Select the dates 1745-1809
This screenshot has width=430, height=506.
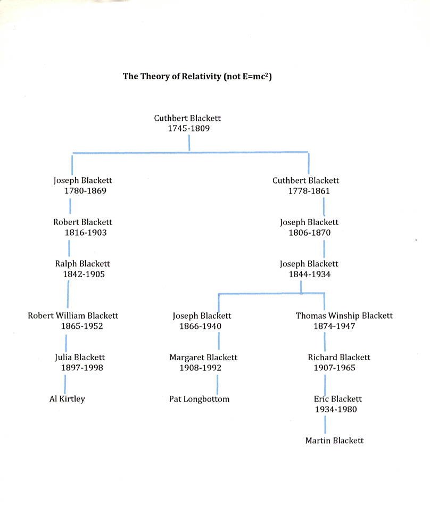187,129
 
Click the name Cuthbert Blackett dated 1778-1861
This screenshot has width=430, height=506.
305,180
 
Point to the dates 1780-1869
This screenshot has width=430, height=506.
82,191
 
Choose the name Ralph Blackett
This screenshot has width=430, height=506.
82,264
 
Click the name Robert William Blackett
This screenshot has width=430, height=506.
73,316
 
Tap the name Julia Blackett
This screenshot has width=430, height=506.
80,358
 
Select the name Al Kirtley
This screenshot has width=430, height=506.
67,399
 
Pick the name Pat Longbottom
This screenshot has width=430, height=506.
199,399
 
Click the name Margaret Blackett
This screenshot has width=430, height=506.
203,358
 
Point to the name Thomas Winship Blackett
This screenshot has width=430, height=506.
344,316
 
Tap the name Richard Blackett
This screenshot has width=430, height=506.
339,358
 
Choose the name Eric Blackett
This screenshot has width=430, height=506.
338,399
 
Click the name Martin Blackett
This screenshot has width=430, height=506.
334,441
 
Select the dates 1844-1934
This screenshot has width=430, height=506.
310,275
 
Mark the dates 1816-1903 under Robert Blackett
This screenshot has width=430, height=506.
82,233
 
